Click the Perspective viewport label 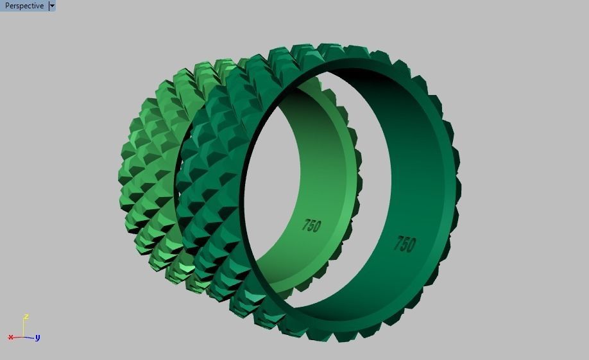click(24, 6)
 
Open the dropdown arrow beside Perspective click(52, 6)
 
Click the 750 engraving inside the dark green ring click(404, 243)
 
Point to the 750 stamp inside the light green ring click(312, 225)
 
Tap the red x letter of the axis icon click(11, 337)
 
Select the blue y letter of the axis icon click(38, 337)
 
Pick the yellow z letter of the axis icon click(26, 316)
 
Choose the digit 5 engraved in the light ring click(312, 225)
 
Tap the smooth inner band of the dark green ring click(417, 160)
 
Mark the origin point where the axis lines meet click(24, 337)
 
